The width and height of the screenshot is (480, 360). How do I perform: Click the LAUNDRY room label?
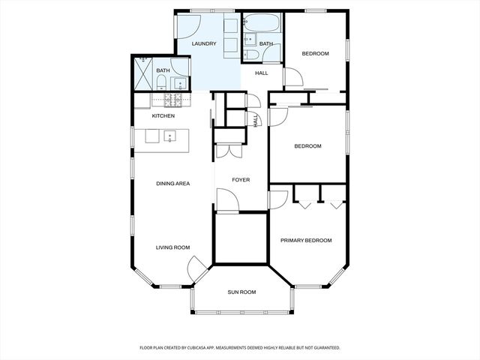click(204, 44)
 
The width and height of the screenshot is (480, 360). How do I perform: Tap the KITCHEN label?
click(163, 116)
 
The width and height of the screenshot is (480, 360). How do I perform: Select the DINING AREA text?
click(172, 184)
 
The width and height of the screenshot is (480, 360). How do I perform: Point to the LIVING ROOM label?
click(172, 247)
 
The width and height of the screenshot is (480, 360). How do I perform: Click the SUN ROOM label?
click(242, 292)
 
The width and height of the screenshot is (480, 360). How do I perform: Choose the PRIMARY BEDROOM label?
click(306, 241)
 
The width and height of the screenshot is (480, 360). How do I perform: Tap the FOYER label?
click(241, 180)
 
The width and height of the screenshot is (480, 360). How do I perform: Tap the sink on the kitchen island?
click(172, 136)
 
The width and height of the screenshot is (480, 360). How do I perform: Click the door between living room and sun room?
click(196, 265)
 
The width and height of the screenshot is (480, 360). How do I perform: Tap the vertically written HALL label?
click(256, 120)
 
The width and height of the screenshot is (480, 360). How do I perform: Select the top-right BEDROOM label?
click(315, 53)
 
